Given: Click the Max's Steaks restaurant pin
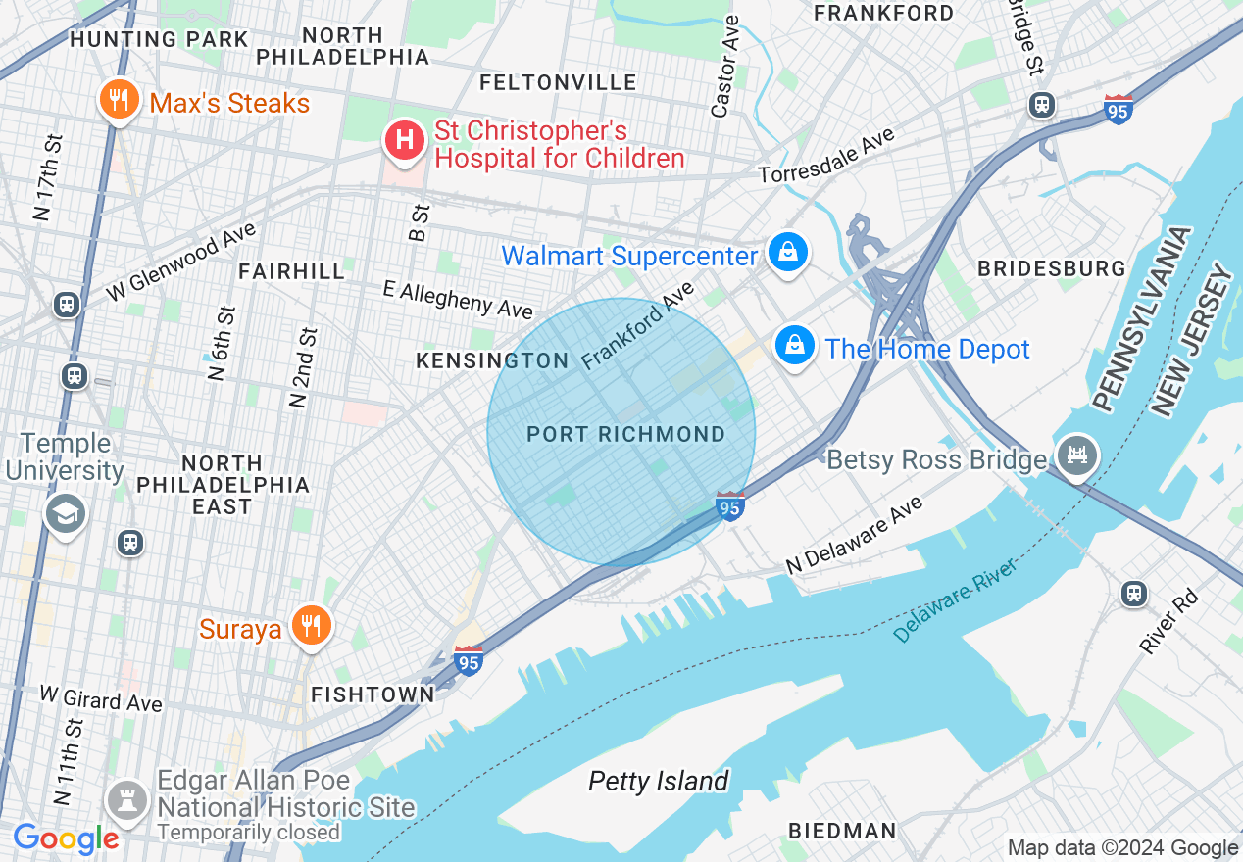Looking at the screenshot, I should pos(118,100).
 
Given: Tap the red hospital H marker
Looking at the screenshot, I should pos(403,139).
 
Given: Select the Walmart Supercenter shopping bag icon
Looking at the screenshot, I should pos(787,254).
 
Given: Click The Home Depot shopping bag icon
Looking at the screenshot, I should pos(796,346).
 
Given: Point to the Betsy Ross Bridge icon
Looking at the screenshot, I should pos(1076,456).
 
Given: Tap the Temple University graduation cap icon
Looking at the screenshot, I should pos(66,513).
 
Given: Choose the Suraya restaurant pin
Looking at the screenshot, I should pos(312,625).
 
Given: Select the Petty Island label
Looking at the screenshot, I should pos(658,781).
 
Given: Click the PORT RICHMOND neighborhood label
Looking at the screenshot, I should pos(625,434).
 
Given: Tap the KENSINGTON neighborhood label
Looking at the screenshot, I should pos(492,360).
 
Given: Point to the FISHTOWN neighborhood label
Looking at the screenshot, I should pos(373,694).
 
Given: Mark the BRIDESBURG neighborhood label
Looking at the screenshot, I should pos(1051,268).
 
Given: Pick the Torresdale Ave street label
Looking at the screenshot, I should pos(827,157).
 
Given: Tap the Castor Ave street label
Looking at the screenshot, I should pos(726,66).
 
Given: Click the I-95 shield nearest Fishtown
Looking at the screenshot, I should pos(469,661).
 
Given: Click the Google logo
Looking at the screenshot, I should pos(66,839).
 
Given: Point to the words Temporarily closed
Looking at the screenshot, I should pos(249,833).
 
